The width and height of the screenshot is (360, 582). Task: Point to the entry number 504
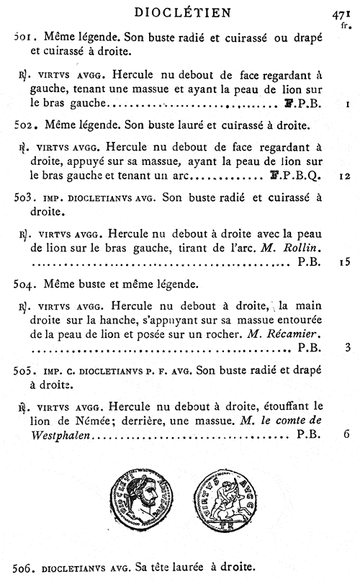[x=25, y=285]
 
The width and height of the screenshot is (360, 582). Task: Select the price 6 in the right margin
[x=347, y=434]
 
